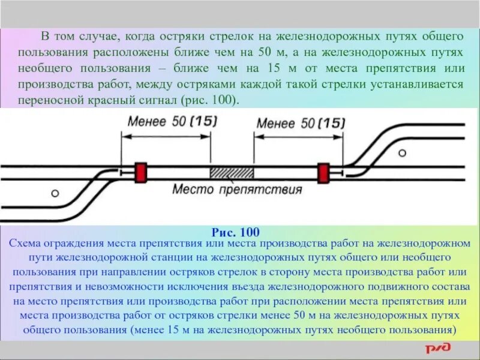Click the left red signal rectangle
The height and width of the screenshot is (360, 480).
point(142,172)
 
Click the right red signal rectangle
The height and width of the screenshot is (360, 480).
point(324,172)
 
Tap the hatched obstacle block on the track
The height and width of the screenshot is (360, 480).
point(232,172)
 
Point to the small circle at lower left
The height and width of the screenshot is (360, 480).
point(55,193)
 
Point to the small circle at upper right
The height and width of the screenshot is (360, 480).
point(402,152)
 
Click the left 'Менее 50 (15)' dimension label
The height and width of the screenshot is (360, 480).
point(172,122)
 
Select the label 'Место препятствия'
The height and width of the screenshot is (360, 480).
point(236,191)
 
